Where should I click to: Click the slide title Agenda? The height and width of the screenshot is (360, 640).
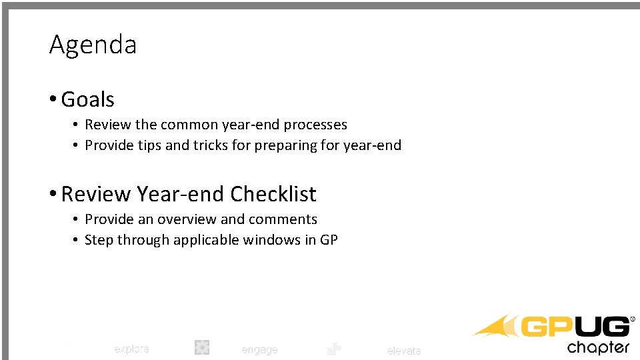(x=93, y=45)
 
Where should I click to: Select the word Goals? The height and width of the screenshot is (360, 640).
(x=87, y=99)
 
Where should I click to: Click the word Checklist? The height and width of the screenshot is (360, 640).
(x=273, y=194)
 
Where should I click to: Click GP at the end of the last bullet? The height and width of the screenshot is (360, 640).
(x=329, y=240)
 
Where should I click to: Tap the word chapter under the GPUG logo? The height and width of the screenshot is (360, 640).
(x=598, y=347)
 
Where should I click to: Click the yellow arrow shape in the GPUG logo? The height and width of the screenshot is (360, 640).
(x=497, y=327)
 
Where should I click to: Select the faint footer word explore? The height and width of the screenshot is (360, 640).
(x=131, y=349)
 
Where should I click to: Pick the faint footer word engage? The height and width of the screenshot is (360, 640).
(x=259, y=350)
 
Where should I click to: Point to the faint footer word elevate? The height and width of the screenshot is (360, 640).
(x=404, y=351)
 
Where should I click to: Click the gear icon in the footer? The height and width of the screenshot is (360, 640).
(x=202, y=347)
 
